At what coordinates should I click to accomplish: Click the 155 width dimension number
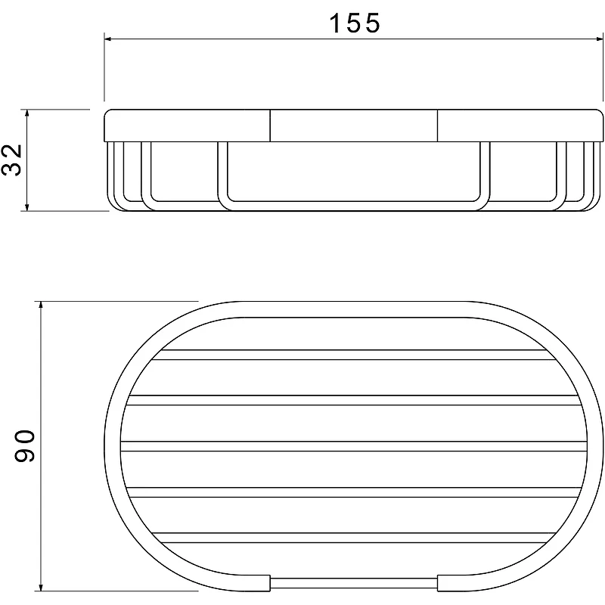(x=354, y=23)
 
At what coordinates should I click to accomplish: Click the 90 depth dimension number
(x=25, y=445)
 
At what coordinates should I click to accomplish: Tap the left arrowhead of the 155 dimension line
(x=108, y=39)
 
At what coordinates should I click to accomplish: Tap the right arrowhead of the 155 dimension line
(x=598, y=39)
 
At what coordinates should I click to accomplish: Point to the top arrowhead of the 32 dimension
(x=26, y=113)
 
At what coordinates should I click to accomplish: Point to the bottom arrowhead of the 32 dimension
(x=26, y=206)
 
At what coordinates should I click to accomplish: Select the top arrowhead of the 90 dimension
(x=41, y=306)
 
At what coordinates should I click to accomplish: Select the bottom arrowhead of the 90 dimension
(x=41, y=587)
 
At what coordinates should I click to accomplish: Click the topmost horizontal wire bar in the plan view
(x=353, y=355)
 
